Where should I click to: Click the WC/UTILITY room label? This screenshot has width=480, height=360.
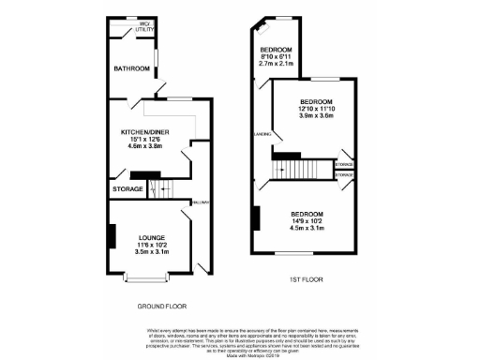pos(142,29)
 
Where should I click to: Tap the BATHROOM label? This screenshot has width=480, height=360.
pos(130,69)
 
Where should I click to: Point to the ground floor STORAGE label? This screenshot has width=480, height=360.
pos(127,189)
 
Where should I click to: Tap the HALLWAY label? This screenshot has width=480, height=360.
pos(201,202)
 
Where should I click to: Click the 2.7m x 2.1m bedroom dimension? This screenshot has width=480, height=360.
pos(276,63)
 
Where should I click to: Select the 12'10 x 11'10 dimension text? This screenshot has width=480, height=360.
pos(315,110)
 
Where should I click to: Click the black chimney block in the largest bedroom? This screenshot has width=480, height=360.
pos(253,217)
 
